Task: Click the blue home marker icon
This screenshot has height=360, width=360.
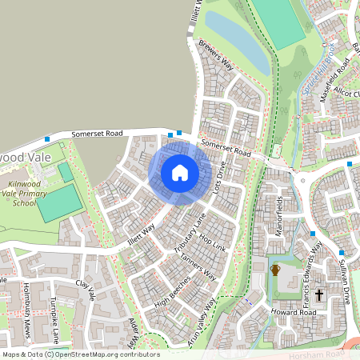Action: [x=180, y=172]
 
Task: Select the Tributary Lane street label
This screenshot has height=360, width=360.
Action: [x=190, y=233]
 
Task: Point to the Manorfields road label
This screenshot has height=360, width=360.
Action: [x=280, y=214]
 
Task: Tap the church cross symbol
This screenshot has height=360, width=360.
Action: [x=318, y=295]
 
